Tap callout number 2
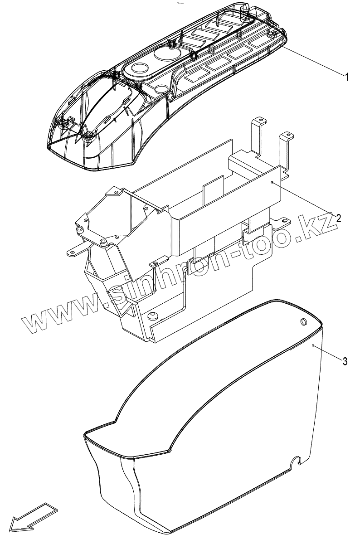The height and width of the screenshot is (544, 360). click(x=339, y=218)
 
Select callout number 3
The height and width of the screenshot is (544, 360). click(x=345, y=361)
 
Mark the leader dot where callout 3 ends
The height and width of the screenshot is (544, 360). click(x=314, y=345)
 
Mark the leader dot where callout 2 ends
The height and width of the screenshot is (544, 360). click(x=272, y=182)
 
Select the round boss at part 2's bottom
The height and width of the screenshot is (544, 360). click(x=152, y=315)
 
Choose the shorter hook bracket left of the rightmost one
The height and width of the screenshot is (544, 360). click(x=258, y=131)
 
